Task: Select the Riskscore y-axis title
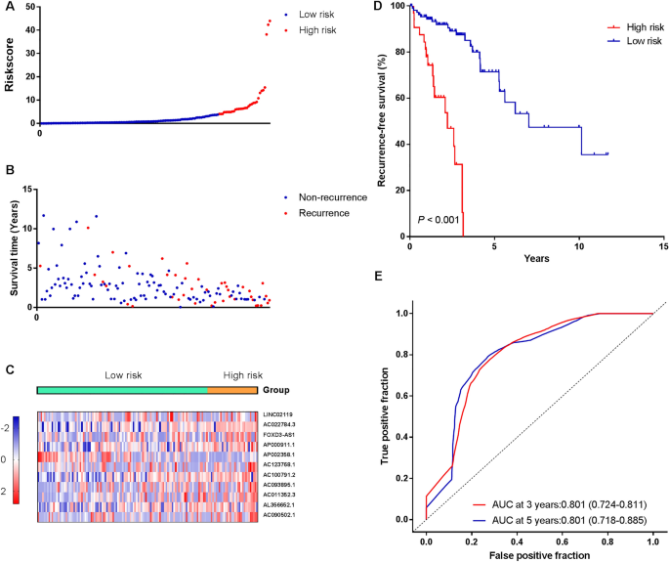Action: [11, 65]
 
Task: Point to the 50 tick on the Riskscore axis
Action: [30, 8]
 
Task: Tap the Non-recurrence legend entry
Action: [331, 196]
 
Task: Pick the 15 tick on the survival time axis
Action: [26, 189]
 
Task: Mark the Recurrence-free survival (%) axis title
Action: [371, 120]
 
